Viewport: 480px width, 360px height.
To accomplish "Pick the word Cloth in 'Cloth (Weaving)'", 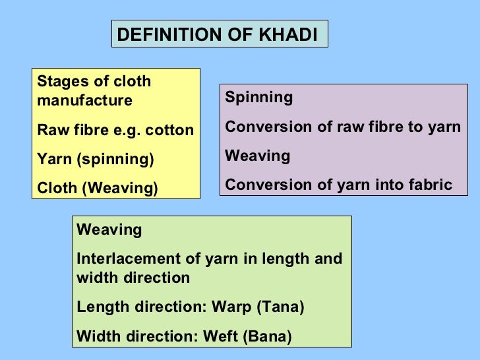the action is [x=57, y=189].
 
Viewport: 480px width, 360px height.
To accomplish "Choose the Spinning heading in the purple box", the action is [x=258, y=98].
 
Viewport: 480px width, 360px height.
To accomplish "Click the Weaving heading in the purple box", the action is [x=257, y=156].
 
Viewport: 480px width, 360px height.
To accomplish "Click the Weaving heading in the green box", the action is [x=109, y=230].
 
